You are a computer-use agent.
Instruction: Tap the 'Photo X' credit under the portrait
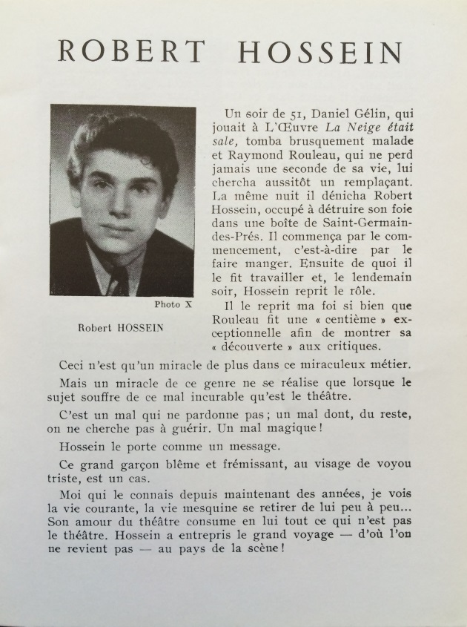click(173, 303)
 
